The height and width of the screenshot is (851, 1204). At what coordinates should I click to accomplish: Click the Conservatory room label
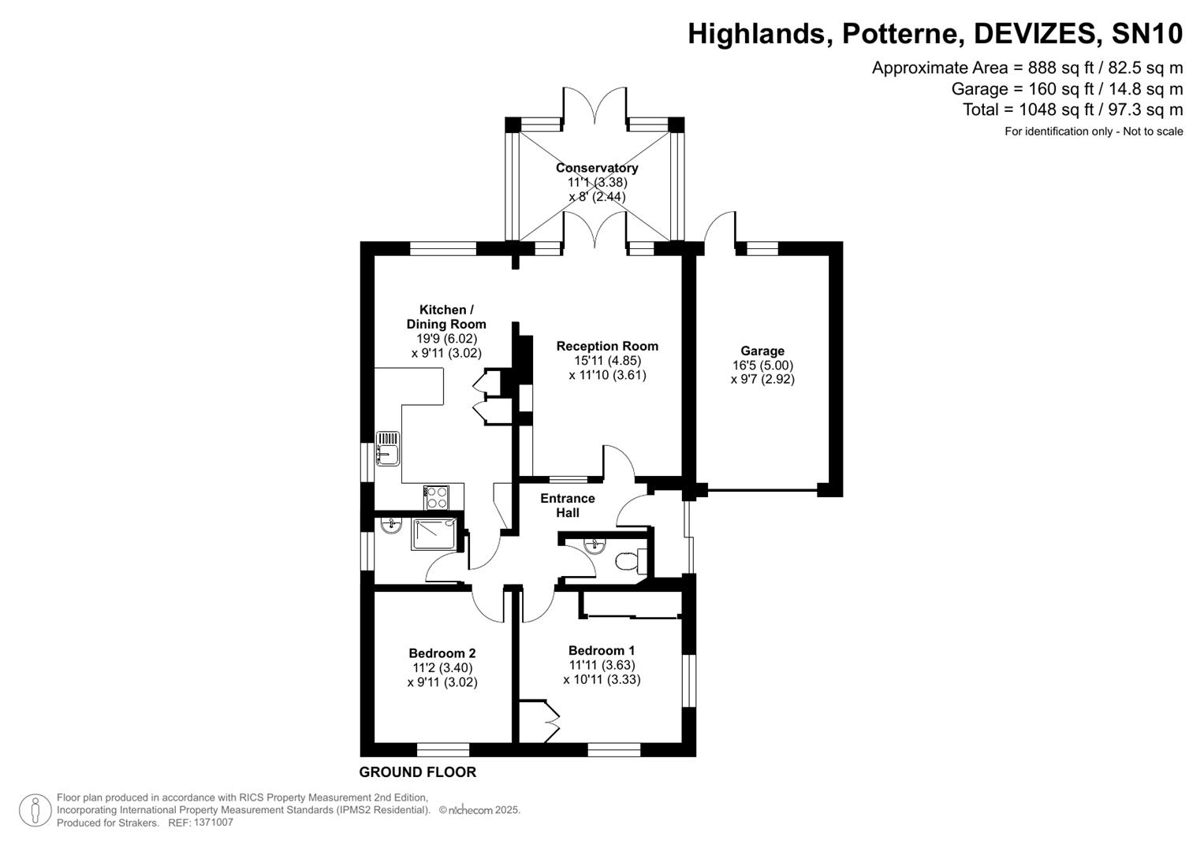(x=596, y=168)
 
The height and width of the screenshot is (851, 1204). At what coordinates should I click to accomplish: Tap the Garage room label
(x=762, y=351)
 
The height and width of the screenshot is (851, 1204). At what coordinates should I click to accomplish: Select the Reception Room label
(x=606, y=346)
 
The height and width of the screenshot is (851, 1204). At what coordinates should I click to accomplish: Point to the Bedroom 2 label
(x=442, y=653)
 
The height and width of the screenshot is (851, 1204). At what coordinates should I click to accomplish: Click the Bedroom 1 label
(x=601, y=651)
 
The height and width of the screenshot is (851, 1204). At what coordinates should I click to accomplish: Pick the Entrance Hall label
(x=567, y=506)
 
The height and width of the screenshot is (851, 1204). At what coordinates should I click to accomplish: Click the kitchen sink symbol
(x=387, y=448)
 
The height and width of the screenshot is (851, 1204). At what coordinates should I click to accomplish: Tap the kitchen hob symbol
(x=436, y=497)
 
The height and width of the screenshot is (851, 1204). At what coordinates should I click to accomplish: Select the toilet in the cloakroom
(x=627, y=561)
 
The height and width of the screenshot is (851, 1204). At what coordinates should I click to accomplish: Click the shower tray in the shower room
(x=433, y=533)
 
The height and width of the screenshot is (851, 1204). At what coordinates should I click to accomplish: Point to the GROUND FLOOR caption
(x=417, y=772)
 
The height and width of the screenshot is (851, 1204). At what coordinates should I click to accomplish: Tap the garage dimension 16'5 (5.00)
(x=762, y=365)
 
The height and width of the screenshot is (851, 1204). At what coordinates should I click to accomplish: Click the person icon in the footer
(x=35, y=810)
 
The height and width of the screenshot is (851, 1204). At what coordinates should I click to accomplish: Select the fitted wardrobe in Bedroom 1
(x=631, y=605)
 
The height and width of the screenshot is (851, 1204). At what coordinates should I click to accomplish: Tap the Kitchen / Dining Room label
(x=446, y=317)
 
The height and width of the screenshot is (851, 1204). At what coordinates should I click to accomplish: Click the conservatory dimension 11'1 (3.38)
(x=597, y=182)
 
